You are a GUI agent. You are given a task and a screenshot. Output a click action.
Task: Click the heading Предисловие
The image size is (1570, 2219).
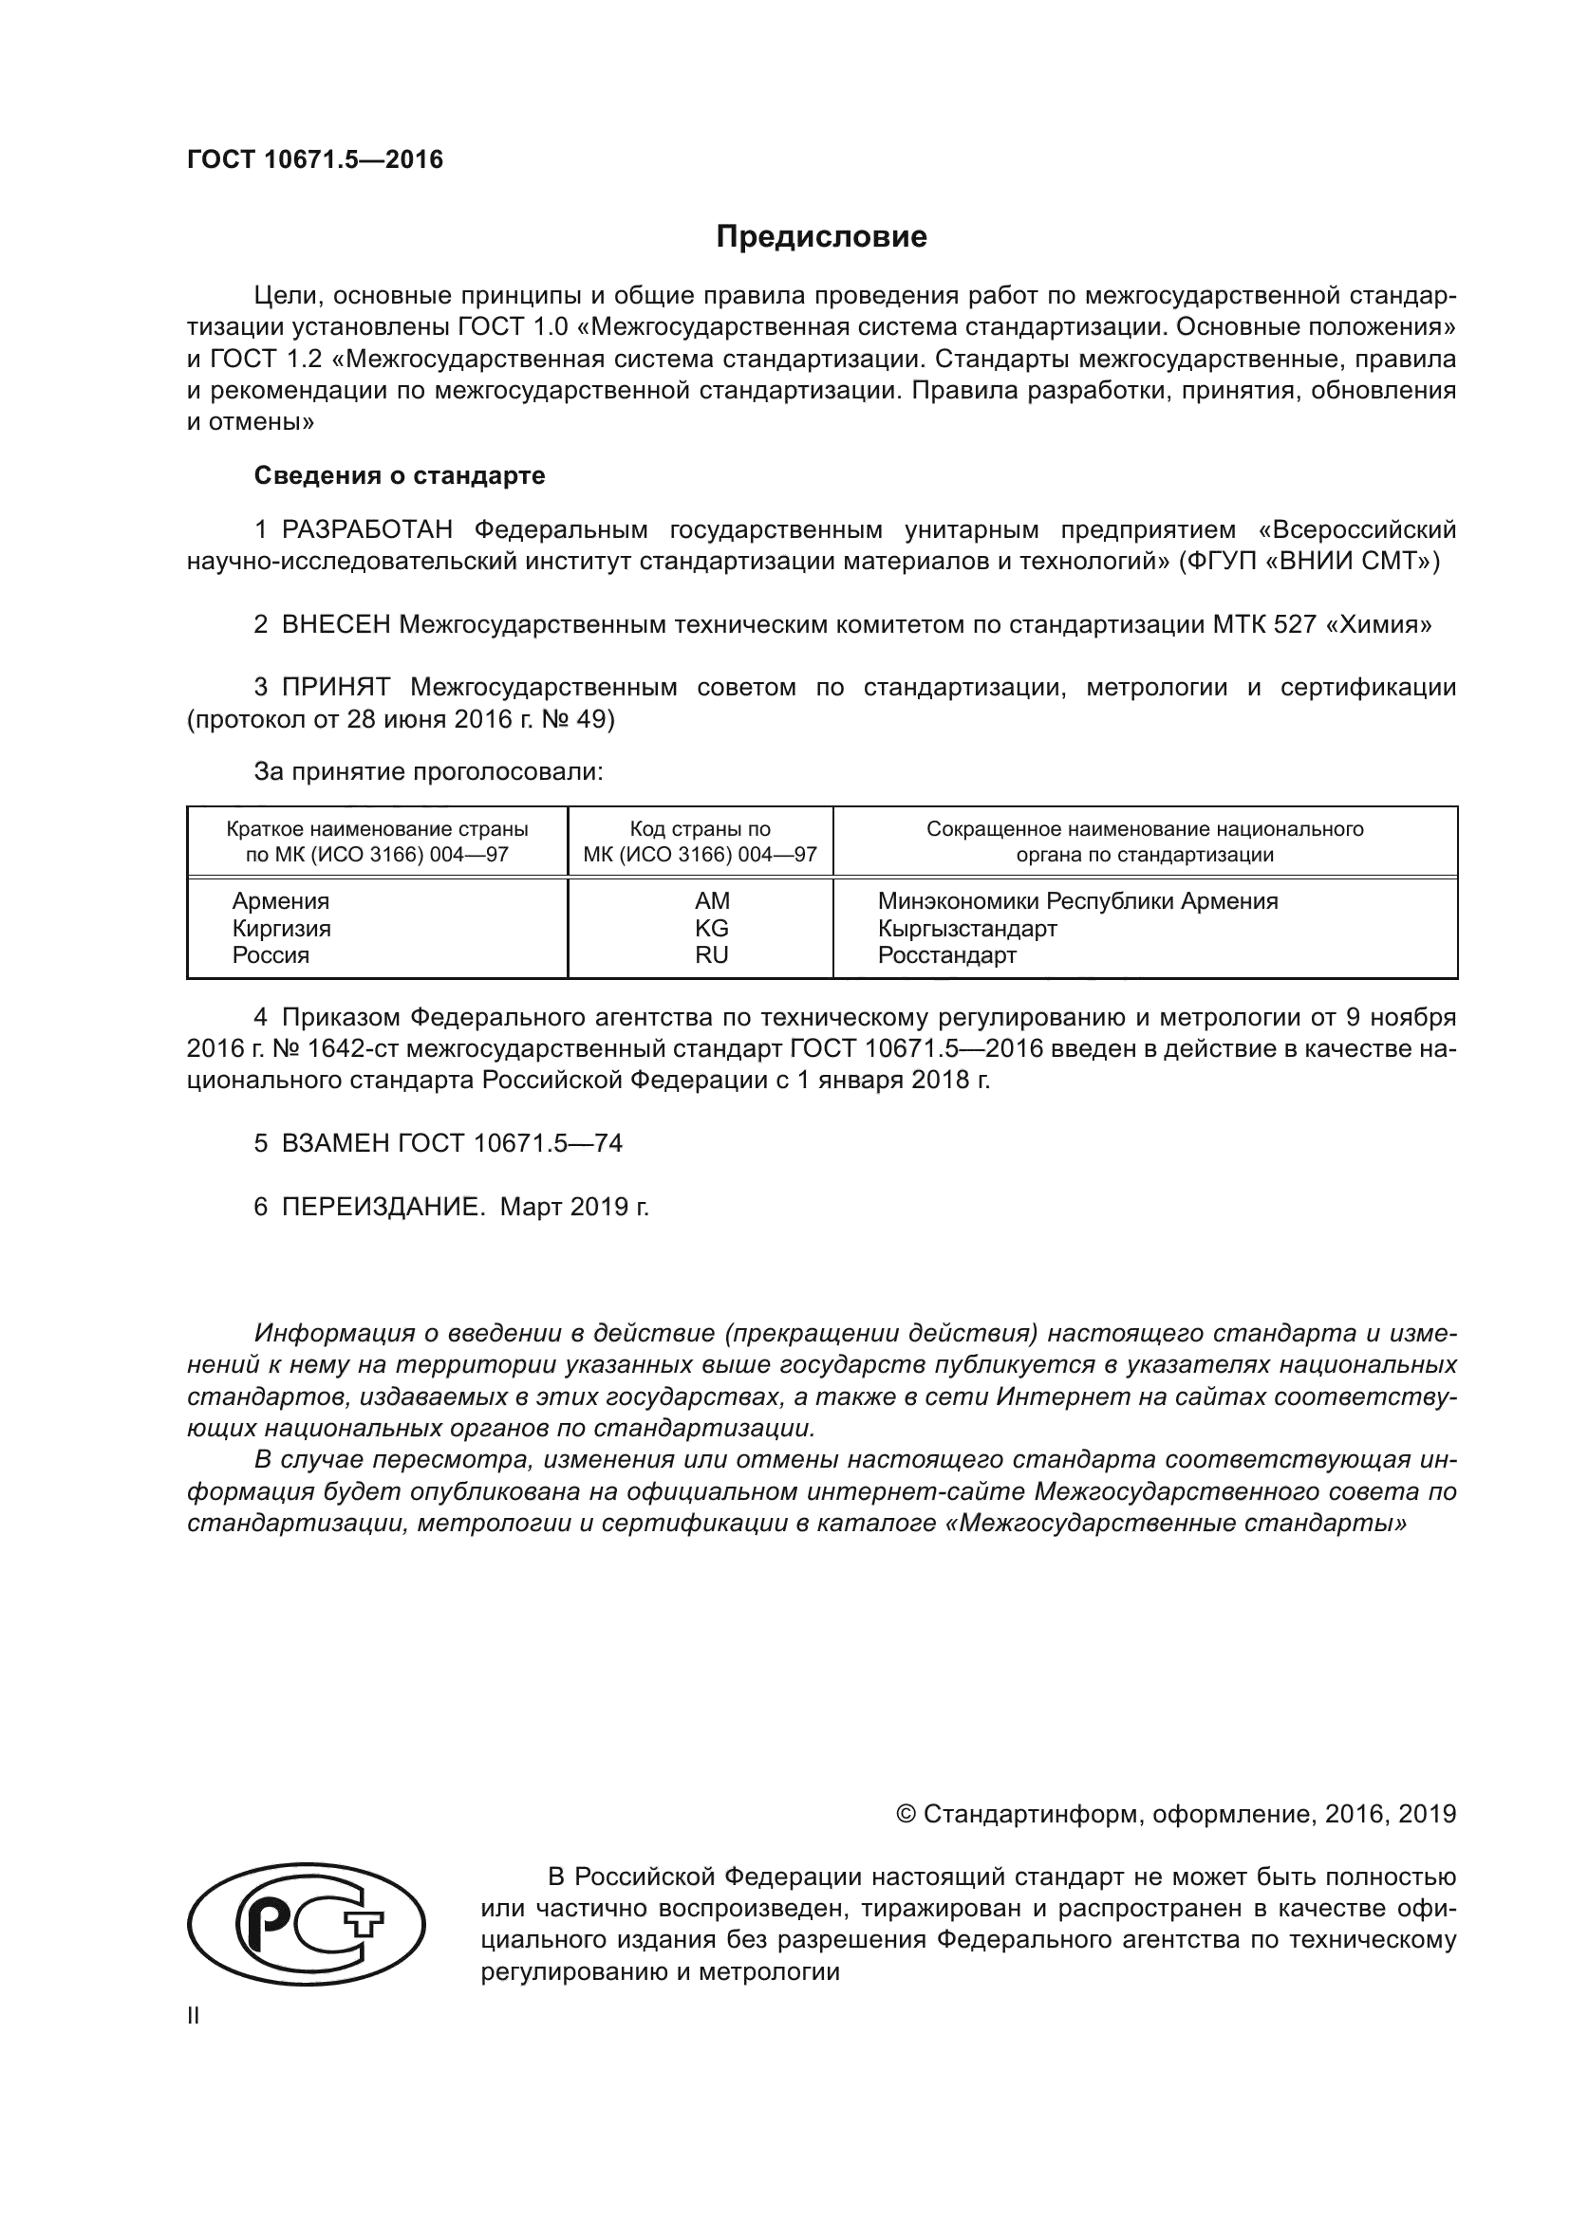tap(821, 237)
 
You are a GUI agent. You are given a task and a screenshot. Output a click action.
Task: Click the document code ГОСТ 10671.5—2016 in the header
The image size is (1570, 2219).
tap(314, 160)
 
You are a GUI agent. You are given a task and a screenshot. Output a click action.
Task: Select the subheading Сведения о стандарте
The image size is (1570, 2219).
tap(400, 475)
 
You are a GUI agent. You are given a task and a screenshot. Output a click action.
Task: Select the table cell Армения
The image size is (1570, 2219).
tap(280, 900)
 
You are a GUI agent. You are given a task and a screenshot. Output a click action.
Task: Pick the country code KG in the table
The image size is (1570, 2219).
tap(712, 928)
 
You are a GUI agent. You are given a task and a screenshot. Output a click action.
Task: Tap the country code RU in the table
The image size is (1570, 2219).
tap(712, 955)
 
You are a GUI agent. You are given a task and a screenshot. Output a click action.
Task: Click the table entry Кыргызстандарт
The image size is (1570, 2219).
tap(966, 928)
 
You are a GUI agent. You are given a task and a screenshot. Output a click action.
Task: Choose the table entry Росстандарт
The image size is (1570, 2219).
tap(946, 955)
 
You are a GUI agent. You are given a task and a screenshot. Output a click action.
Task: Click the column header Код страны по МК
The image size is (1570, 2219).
tap(700, 841)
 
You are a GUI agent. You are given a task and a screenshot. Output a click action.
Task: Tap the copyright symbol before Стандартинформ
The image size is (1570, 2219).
tap(906, 1813)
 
